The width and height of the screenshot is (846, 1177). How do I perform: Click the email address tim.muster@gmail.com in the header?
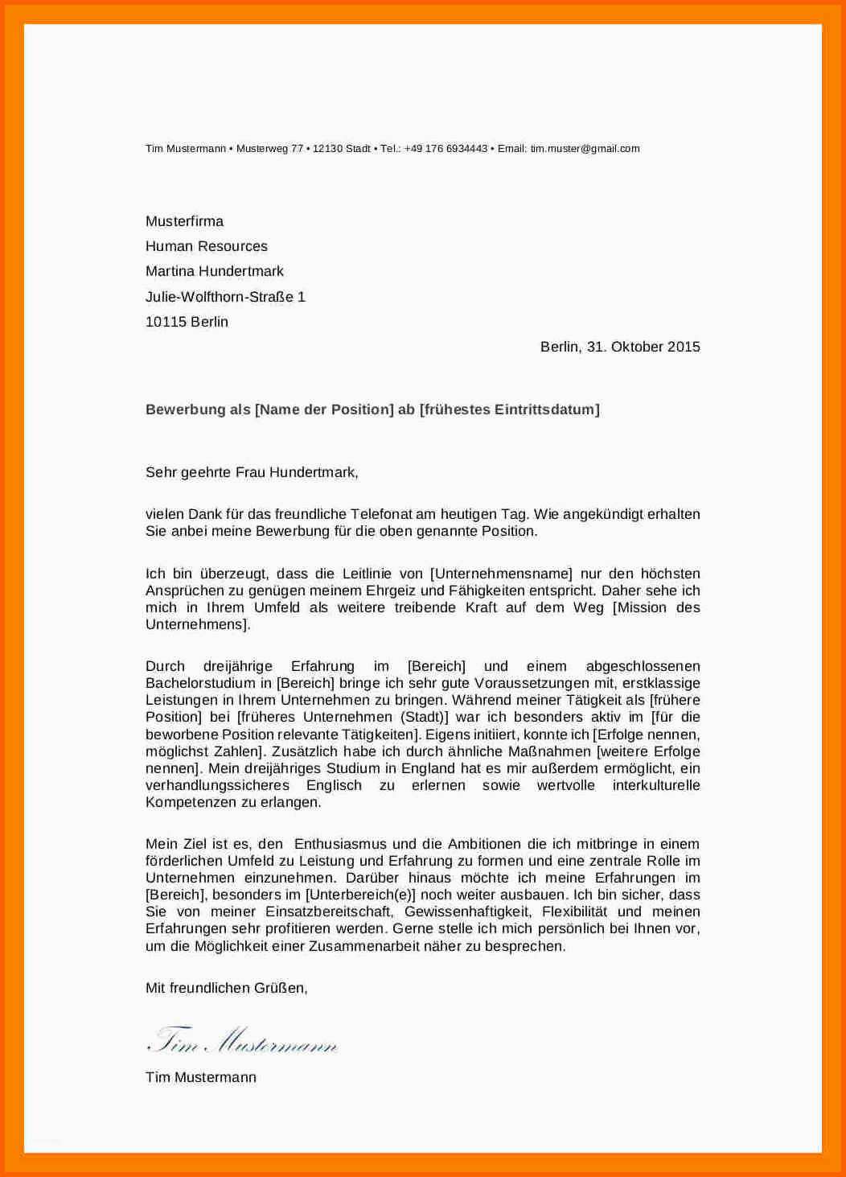585,149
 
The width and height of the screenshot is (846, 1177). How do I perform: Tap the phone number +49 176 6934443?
446,149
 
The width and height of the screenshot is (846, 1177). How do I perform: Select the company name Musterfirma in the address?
184,221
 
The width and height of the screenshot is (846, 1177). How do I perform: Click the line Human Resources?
206,246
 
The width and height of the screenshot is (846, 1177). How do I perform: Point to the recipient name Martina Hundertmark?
214,271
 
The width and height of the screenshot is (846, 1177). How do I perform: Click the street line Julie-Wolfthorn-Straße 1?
225,297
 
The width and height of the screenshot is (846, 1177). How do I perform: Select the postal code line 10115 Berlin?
187,322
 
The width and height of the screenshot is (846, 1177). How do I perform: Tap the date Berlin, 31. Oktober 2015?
620,347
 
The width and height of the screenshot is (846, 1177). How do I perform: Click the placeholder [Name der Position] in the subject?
324,409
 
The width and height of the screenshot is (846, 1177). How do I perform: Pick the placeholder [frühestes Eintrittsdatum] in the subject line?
510,409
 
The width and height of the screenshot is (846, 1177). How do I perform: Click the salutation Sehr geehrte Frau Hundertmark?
251,472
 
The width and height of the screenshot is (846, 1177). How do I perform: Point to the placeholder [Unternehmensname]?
501,574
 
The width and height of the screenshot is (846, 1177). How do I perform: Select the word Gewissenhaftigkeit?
467,912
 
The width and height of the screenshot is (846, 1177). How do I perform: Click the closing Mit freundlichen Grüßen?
226,988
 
